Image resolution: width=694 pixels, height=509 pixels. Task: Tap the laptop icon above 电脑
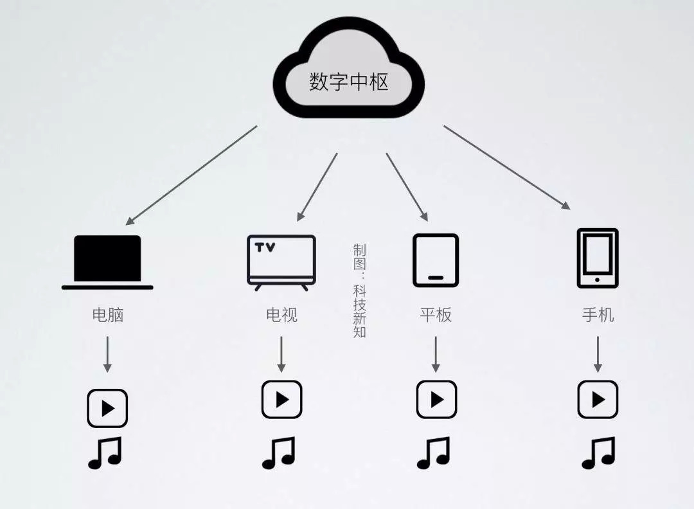(107, 262)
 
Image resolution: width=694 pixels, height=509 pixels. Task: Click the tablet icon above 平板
(436, 260)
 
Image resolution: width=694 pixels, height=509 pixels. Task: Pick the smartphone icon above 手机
(598, 258)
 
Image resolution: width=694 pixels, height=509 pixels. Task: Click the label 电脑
(107, 315)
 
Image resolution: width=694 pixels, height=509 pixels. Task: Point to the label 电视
(281, 315)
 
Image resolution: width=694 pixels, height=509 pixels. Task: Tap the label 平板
(436, 315)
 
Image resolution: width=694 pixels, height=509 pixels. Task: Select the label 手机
(598, 315)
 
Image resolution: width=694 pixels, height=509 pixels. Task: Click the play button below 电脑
(107, 408)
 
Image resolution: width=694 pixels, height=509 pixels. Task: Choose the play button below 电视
(281, 399)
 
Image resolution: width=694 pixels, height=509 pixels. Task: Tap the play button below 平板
(436, 399)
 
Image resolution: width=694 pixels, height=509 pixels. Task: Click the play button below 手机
(598, 399)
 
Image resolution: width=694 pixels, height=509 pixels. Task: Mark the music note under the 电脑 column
(105, 453)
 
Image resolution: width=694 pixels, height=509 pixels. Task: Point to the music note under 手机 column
(598, 453)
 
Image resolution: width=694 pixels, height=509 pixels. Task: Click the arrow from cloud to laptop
(191, 175)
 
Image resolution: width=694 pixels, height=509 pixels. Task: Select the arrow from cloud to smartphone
(507, 167)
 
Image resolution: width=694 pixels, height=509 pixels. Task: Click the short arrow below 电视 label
(281, 354)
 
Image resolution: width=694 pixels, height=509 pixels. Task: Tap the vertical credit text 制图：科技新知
(359, 290)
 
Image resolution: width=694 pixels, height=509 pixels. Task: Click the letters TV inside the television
(265, 247)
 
